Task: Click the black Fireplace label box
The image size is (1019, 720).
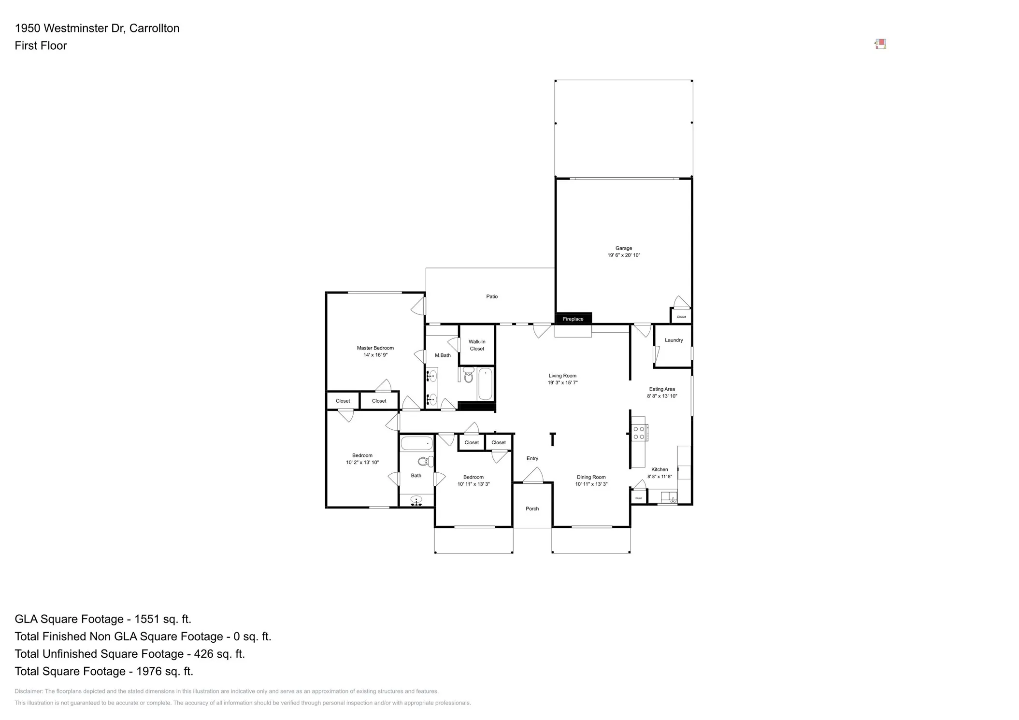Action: pyautogui.click(x=573, y=319)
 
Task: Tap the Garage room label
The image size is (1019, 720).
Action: pyautogui.click(x=623, y=248)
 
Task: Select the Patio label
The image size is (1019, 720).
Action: pyautogui.click(x=491, y=296)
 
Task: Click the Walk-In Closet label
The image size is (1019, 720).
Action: pyautogui.click(x=476, y=345)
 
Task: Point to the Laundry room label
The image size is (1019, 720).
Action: pyautogui.click(x=674, y=340)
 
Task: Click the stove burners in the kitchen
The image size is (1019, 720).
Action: pyautogui.click(x=639, y=433)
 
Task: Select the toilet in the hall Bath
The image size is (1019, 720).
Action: pyautogui.click(x=425, y=462)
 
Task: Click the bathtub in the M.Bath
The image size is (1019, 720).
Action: pyautogui.click(x=485, y=384)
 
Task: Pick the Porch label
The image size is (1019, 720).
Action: pyautogui.click(x=532, y=508)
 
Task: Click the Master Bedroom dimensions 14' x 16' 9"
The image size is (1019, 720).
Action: pyautogui.click(x=375, y=355)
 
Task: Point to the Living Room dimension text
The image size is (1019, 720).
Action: pyautogui.click(x=562, y=382)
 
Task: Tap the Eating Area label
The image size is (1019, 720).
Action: pyautogui.click(x=661, y=389)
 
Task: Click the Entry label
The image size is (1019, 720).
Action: pyautogui.click(x=532, y=458)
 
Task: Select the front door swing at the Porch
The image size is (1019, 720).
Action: pyautogui.click(x=533, y=476)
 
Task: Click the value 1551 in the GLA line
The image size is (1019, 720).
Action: pyautogui.click(x=146, y=619)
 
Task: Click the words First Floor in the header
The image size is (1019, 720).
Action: pyautogui.click(x=41, y=45)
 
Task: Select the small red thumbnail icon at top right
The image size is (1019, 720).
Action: pyautogui.click(x=880, y=44)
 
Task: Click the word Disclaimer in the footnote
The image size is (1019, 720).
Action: pyautogui.click(x=28, y=691)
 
